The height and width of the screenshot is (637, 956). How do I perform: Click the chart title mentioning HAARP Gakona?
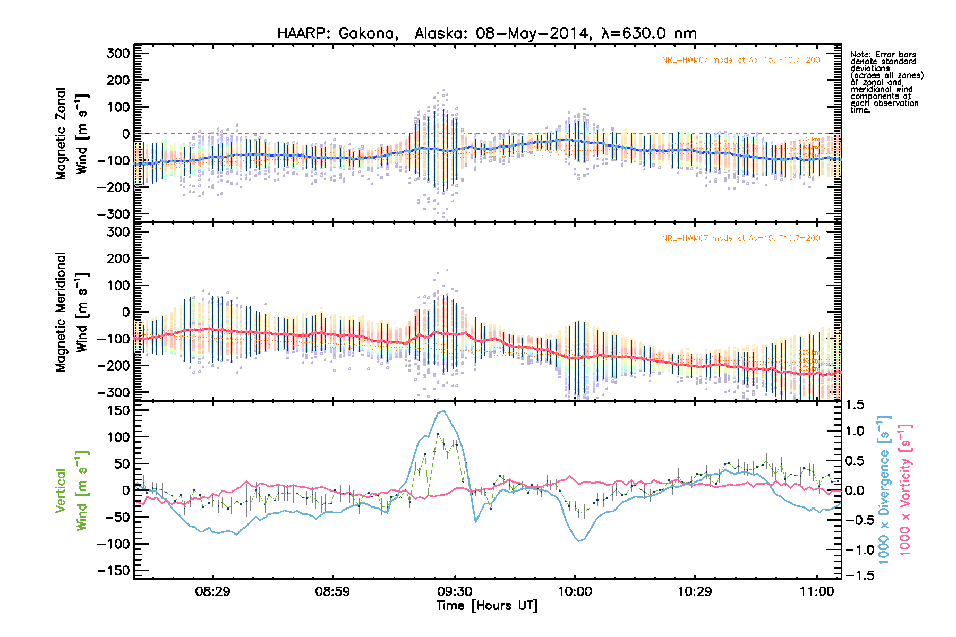(x=486, y=33)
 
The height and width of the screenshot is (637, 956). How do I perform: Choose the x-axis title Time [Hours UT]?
(x=486, y=606)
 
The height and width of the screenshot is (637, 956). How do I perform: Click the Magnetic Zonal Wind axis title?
(x=72, y=134)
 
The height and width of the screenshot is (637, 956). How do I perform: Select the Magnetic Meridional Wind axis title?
(x=72, y=312)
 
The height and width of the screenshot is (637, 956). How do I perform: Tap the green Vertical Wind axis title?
(x=72, y=490)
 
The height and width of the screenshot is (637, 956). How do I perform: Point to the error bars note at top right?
(x=886, y=82)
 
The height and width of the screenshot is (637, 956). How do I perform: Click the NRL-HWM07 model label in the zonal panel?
(x=740, y=60)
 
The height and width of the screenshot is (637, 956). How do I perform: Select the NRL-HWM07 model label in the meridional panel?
(x=740, y=238)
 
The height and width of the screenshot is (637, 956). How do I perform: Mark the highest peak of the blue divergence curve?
(x=443, y=410)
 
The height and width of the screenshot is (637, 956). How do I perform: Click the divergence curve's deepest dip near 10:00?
(x=579, y=541)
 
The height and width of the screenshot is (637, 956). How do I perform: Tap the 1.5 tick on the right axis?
(x=854, y=405)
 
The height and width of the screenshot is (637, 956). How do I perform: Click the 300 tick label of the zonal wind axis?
(x=118, y=54)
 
